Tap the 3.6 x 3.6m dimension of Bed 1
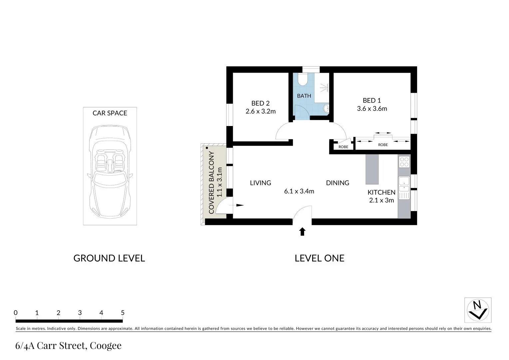pos(372,109)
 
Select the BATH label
pos(304,96)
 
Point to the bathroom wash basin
pos(326,108)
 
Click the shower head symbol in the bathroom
pos(325,87)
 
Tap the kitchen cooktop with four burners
pos(404,162)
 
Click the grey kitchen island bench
pos(372,169)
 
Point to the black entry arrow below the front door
pos(302,232)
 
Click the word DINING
pos(337,183)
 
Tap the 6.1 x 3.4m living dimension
pos(299,191)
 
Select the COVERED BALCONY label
pos(212,182)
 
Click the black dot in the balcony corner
pos(207,148)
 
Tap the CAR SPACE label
pos(110,113)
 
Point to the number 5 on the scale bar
pos(123,313)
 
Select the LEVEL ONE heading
pos(319,258)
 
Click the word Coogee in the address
pos(106,346)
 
